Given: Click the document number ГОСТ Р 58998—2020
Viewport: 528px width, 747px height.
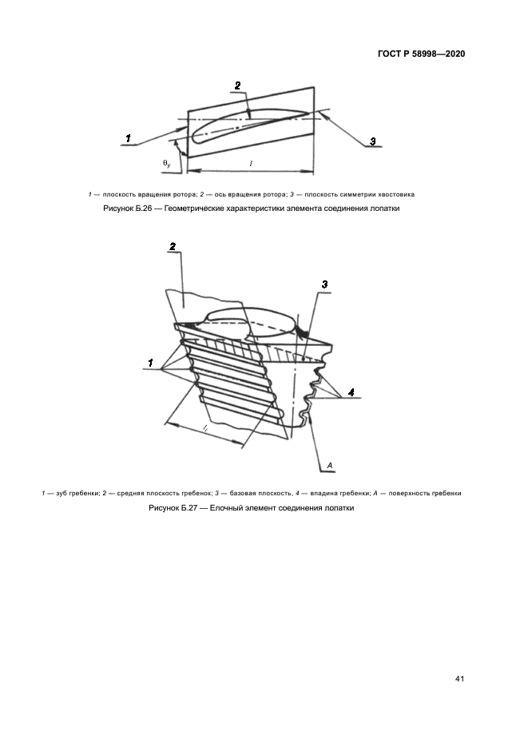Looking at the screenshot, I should pos(420,54).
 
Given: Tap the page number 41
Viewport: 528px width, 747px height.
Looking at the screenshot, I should pos(459,679).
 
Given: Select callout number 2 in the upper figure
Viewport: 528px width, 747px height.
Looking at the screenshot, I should pos(236,85).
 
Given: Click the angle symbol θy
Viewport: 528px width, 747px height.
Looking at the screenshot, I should pos(167,163).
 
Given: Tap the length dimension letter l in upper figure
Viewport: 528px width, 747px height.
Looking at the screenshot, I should pos(251,163).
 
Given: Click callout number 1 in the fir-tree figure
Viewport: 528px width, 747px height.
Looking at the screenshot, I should pos(149,363).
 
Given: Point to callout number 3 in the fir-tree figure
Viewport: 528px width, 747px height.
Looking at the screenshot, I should pos(324,284).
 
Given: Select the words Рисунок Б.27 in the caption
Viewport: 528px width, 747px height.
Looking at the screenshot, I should pos(173,508).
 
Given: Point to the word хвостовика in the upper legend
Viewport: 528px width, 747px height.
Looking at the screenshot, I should pos(395,194).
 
